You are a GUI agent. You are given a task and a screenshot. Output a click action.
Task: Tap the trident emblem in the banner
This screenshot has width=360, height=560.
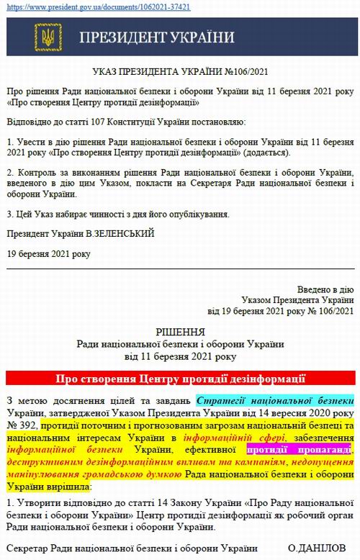point(48,38)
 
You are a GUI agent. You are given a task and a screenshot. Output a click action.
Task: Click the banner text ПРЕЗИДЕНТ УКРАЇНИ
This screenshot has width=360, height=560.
point(156,38)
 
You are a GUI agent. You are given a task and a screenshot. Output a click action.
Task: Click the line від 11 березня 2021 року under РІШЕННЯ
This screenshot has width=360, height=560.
point(180,356)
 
